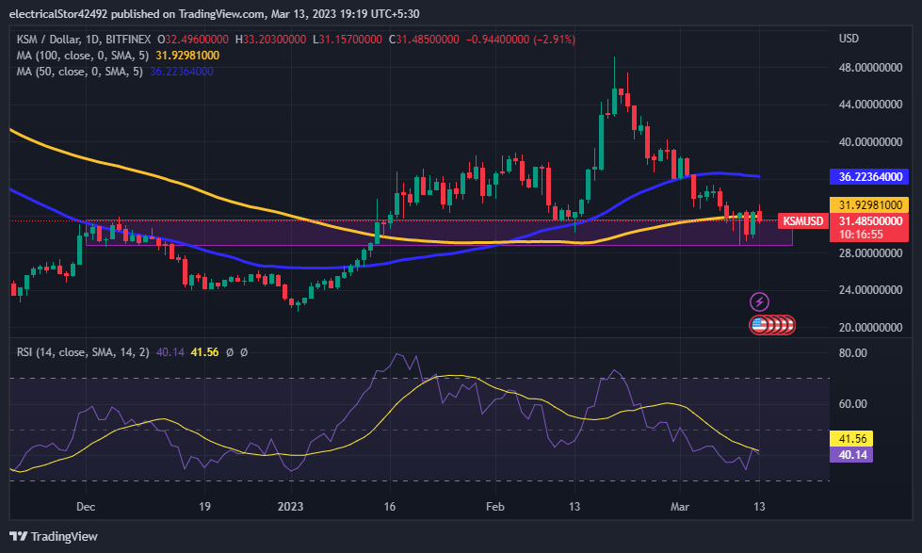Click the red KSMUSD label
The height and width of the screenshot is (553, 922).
click(802, 221)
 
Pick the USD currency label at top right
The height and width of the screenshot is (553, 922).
click(849, 39)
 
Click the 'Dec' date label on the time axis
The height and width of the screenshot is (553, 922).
click(86, 506)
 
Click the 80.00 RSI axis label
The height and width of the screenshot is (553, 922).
click(852, 353)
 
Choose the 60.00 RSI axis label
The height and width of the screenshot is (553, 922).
click(852, 404)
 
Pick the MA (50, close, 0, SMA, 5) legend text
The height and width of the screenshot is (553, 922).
click(79, 72)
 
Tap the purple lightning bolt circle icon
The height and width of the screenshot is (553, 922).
click(759, 302)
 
